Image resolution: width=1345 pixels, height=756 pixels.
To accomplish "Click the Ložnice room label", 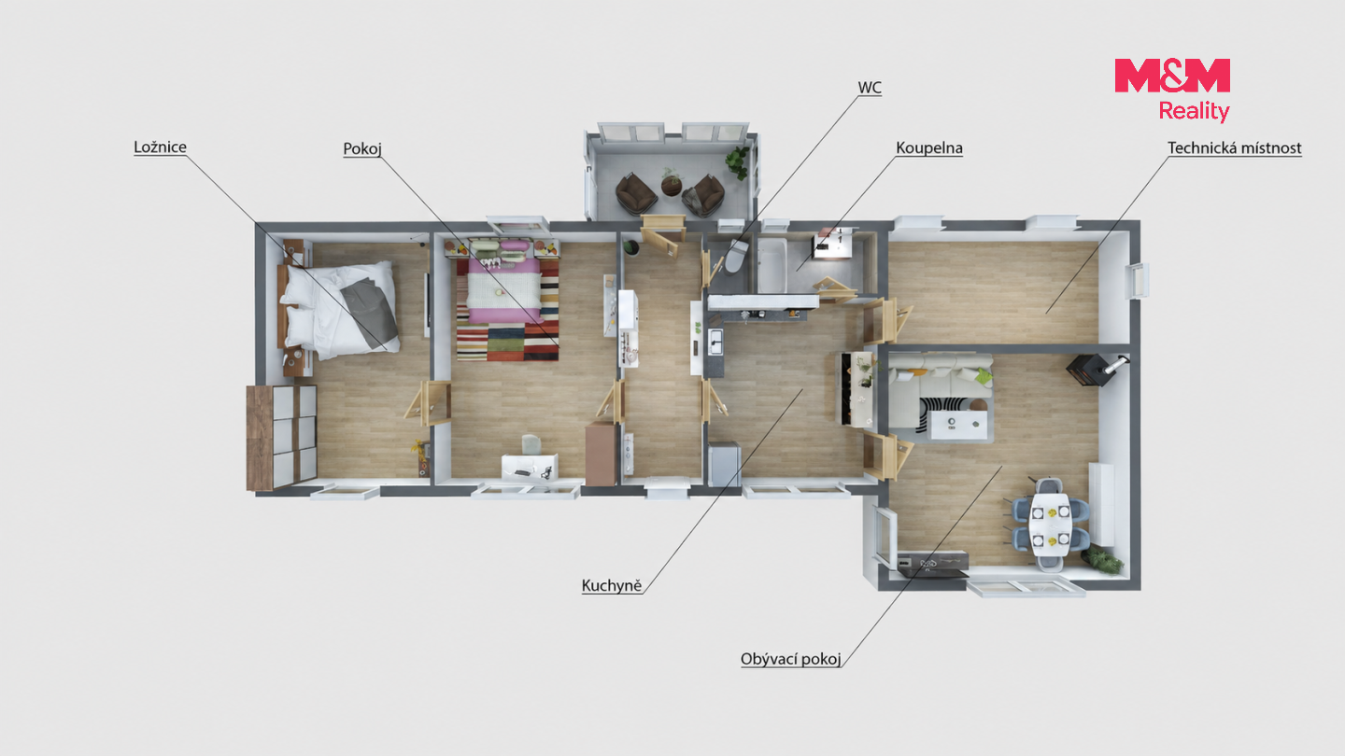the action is tap(160, 147).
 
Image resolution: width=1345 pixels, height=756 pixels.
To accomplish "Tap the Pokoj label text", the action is tap(362, 148).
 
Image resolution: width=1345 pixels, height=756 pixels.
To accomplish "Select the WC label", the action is tap(870, 88).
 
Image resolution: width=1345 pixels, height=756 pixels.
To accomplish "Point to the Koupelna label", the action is tap(928, 148).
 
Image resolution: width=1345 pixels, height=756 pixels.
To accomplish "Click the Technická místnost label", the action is tap(1234, 148).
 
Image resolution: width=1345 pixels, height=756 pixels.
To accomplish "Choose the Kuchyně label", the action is tap(611, 586).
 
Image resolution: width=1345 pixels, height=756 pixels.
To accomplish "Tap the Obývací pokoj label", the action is tap(790, 659).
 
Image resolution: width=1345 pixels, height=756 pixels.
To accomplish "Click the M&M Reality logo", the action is tap(1172, 90).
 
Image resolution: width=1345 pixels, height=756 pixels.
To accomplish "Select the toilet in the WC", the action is tap(736, 256).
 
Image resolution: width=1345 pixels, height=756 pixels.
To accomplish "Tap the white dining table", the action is tap(1050, 525).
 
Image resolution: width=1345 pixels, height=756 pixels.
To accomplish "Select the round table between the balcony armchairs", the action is tap(672, 185).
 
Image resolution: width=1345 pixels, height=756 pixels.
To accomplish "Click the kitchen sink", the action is tap(715, 342).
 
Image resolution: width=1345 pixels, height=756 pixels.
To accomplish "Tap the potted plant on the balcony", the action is tap(737, 162).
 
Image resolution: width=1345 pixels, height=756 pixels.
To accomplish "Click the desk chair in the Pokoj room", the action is tap(531, 444).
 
